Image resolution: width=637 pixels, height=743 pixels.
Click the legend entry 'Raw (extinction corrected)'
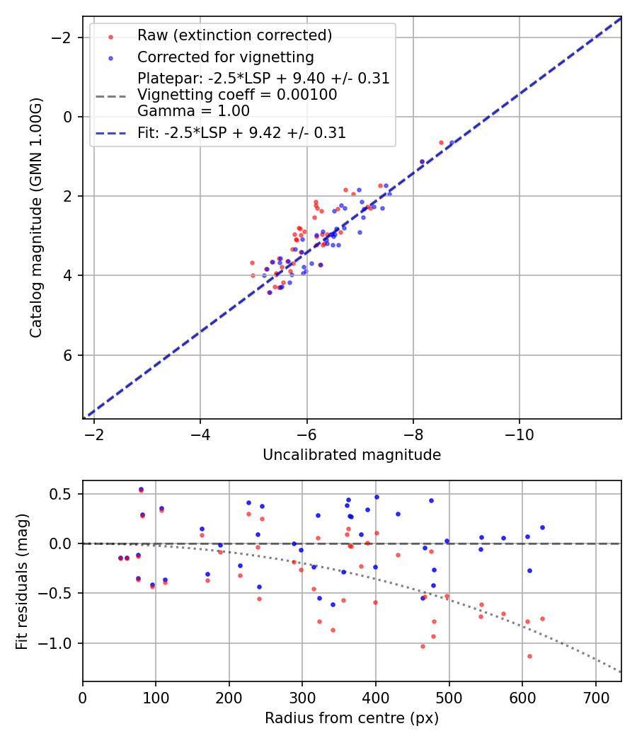click(x=234, y=35)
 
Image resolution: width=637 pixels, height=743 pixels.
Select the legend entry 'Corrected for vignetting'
click(x=225, y=57)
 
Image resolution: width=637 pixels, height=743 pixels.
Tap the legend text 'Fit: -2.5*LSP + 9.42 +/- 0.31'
click(x=241, y=132)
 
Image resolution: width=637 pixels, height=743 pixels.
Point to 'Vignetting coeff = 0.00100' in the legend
click(x=237, y=94)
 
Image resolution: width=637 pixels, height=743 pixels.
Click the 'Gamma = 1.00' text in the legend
click(x=193, y=110)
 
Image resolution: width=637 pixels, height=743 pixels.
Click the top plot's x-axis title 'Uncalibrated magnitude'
click(x=352, y=455)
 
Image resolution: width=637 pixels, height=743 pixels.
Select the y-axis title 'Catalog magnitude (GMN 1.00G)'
click(x=36, y=217)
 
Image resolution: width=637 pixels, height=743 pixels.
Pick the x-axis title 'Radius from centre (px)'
click(x=352, y=718)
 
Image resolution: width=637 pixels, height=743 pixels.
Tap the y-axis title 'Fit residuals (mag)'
click(x=22, y=580)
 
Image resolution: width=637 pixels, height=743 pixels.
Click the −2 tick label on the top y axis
click(x=64, y=37)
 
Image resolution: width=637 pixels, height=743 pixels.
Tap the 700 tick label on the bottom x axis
click(x=595, y=698)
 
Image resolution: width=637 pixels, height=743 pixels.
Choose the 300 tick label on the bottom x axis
click(x=302, y=698)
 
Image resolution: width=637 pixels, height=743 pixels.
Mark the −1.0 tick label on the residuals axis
click(x=59, y=643)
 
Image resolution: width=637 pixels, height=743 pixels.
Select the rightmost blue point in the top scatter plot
click(x=452, y=142)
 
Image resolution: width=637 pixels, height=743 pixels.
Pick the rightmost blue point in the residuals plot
click(x=542, y=527)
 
